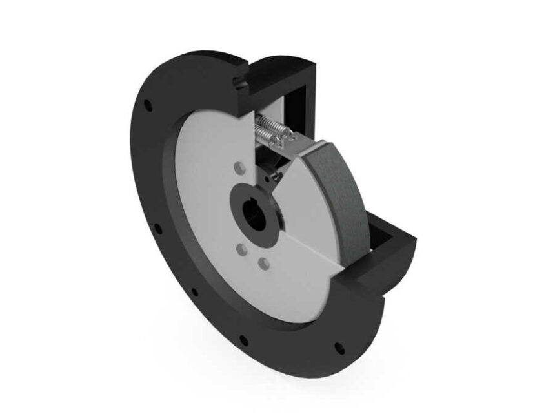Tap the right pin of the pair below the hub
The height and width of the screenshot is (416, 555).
[x=263, y=263]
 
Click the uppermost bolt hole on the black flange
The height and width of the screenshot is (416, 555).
[x=148, y=103]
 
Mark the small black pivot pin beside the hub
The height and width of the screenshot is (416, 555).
[x=274, y=176]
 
